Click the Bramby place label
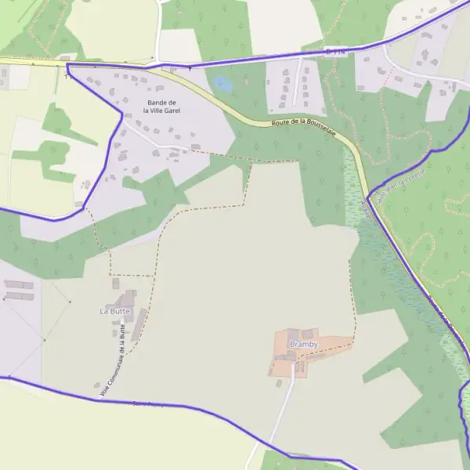[302, 345]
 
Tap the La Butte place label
[114, 311]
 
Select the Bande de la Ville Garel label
[162, 107]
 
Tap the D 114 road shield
[333, 51]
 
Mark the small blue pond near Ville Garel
[222, 83]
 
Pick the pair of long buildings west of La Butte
[19, 291]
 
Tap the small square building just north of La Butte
[116, 284]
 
